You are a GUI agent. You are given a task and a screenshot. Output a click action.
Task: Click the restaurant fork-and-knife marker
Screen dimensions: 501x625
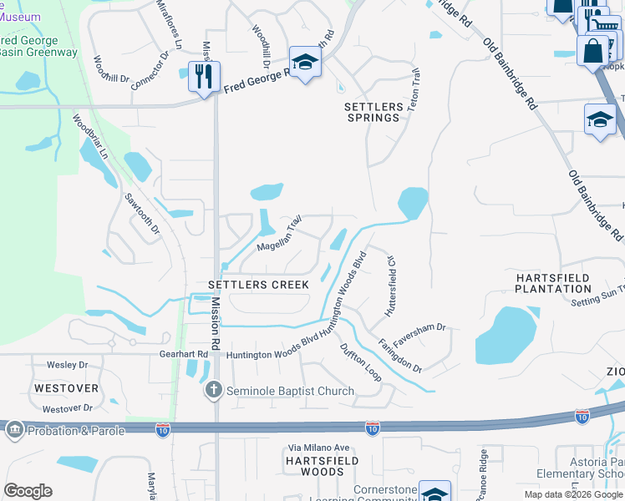204,77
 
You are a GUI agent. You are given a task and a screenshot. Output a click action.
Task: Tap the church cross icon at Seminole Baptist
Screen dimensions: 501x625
215,390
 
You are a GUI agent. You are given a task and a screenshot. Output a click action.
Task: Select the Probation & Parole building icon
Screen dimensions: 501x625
14,431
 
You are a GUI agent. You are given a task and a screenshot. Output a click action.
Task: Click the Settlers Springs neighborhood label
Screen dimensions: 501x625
373,112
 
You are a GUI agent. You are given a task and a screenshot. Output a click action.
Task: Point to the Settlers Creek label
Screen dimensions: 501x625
258,285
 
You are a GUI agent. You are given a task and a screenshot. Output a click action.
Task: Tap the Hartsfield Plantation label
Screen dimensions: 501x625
553,283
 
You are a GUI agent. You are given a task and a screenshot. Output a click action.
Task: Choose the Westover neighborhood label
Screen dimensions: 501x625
66,388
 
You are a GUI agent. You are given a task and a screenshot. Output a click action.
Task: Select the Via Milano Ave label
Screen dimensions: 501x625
319,448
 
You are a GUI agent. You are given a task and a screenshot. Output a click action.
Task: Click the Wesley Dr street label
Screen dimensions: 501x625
67,365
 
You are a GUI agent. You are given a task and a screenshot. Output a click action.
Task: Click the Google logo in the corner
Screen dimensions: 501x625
28,491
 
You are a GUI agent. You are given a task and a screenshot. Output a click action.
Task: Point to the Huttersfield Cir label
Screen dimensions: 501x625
389,286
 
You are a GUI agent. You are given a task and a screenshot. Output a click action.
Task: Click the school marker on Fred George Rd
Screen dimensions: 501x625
306,63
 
